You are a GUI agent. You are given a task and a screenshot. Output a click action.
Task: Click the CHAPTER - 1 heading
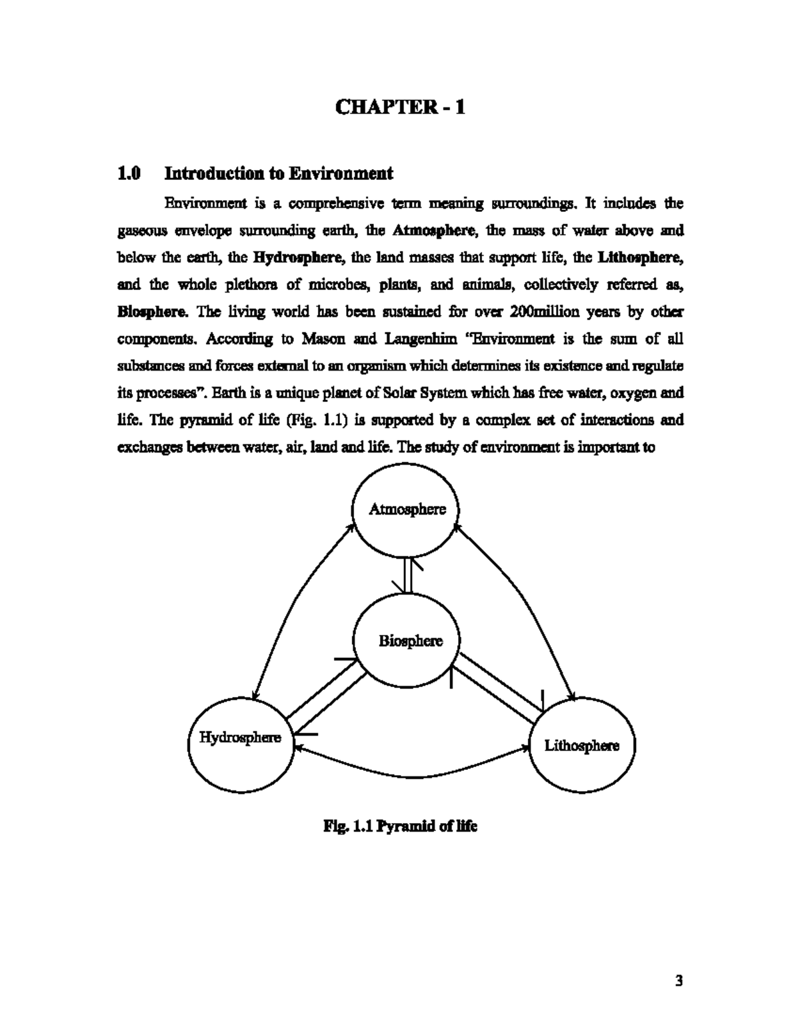tap(399, 107)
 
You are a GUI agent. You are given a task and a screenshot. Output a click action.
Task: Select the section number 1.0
tap(129, 174)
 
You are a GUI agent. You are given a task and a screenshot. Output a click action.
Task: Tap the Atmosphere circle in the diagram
tap(407, 510)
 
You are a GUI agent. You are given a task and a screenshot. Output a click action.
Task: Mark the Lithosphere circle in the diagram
tap(581, 746)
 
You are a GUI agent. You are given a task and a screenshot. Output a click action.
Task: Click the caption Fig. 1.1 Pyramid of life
tap(400, 826)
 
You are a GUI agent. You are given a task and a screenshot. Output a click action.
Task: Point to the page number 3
tap(679, 980)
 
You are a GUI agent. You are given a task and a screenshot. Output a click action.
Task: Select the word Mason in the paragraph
tap(323, 339)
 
